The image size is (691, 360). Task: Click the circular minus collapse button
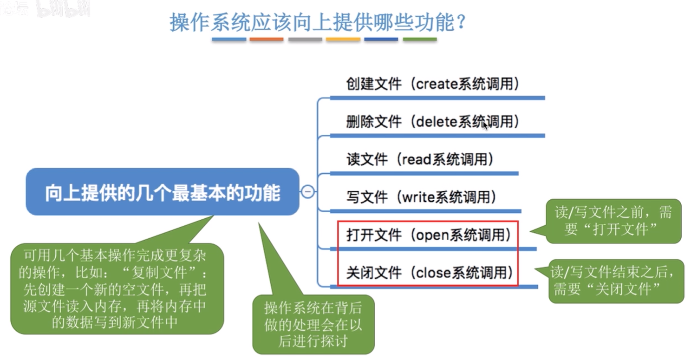[307, 191]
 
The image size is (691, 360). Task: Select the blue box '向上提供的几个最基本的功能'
[163, 191]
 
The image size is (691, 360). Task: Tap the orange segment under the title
[267, 39]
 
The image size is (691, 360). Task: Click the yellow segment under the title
[343, 39]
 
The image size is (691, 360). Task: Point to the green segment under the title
[420, 39]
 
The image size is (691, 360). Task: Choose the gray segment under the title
[305, 39]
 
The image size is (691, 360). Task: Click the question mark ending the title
[462, 22]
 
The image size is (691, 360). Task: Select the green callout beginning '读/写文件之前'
[613, 221]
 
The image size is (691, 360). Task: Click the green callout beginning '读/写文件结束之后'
[616, 281]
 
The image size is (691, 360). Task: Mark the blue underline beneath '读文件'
[424, 174]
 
